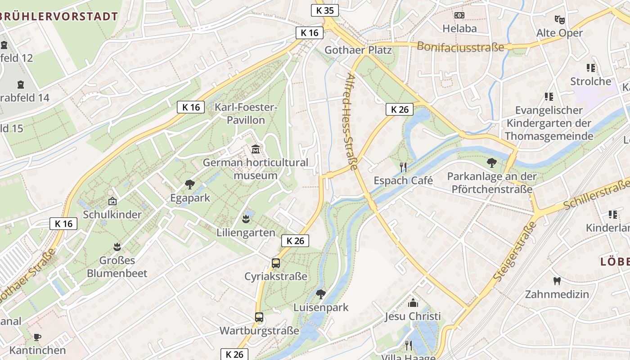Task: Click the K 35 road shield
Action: [324, 10]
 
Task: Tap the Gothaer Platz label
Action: [358, 50]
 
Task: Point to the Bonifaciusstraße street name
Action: [460, 46]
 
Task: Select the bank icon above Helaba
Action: [459, 15]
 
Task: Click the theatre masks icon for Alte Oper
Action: [559, 20]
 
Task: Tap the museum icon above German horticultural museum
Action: [256, 149]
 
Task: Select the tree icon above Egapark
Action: [190, 184]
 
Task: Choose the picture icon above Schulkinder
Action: [112, 201]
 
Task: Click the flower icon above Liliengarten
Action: [246, 219]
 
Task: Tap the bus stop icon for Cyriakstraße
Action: [276, 263]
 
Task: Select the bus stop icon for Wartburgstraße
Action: [259, 317]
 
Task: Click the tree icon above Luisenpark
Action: [321, 294]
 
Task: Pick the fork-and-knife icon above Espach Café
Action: [403, 167]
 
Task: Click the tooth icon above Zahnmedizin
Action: [557, 281]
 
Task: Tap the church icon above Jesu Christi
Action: [413, 303]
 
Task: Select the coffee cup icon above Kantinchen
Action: [37, 337]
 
